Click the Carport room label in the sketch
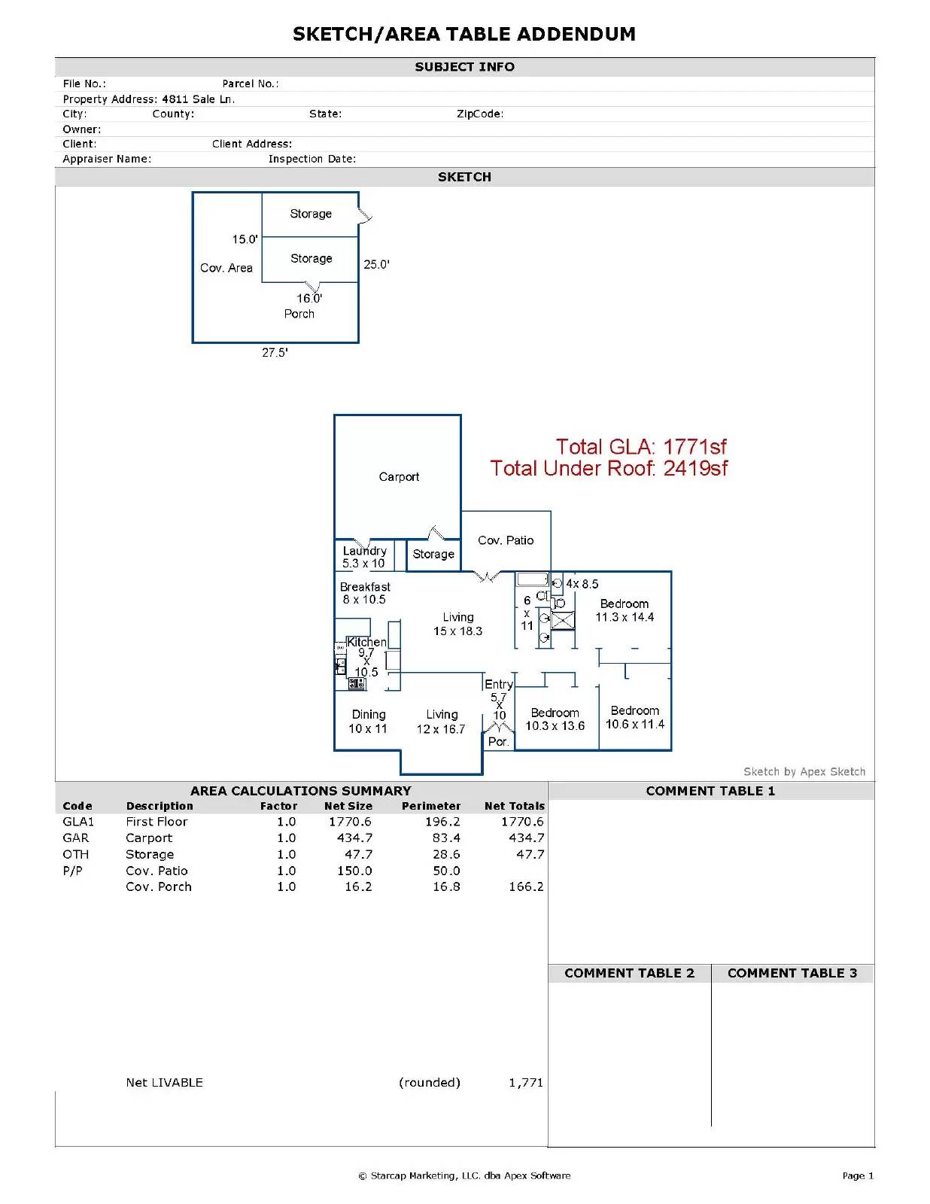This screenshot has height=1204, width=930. [x=398, y=476]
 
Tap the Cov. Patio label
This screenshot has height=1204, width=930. [x=505, y=540]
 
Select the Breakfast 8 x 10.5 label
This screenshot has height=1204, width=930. [x=364, y=593]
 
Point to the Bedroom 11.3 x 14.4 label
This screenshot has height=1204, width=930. [x=625, y=610]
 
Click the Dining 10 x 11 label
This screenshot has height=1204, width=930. [x=368, y=722]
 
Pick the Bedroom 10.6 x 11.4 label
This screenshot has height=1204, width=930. [x=634, y=717]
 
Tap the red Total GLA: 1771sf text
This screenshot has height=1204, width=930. [x=640, y=446]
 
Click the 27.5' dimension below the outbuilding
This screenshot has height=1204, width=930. [x=275, y=352]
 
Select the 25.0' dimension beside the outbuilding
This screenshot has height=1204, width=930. [x=376, y=264]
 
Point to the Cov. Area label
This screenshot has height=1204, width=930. [x=226, y=268]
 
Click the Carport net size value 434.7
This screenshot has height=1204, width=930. [x=354, y=838]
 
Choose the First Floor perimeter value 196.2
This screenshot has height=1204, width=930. [x=442, y=821]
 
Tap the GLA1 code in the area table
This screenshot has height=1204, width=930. [x=78, y=821]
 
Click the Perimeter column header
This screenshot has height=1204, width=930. [x=431, y=806]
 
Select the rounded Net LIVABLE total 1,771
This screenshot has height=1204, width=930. [x=526, y=1082]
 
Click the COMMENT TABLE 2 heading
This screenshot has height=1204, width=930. [x=629, y=973]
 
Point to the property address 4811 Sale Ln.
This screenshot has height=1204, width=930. [x=199, y=99]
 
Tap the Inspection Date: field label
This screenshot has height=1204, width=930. [x=312, y=159]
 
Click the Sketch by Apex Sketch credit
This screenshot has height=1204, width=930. [x=804, y=771]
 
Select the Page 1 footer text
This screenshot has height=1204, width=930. [x=858, y=1175]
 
